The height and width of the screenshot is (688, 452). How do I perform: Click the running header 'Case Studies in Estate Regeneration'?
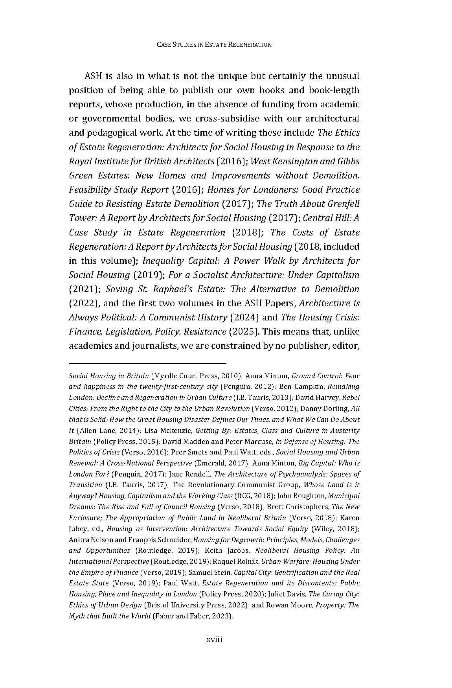click(x=214, y=45)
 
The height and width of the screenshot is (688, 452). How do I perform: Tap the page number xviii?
click(x=215, y=640)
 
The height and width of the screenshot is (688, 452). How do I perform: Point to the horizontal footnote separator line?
click(x=147, y=364)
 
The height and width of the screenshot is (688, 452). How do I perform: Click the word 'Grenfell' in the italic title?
click(x=342, y=204)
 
